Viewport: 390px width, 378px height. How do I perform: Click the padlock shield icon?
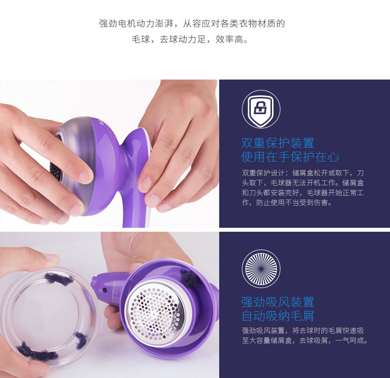coord(261,109)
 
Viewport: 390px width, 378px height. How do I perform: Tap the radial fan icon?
coord(261,269)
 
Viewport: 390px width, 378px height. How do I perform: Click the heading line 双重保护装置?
coord(278,143)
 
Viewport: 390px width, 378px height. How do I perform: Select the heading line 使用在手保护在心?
coord(290,157)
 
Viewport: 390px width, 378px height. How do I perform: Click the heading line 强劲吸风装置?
coord(278,302)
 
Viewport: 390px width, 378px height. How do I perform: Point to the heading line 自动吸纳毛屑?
coord(278,316)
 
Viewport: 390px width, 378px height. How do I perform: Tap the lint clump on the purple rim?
coord(191,278)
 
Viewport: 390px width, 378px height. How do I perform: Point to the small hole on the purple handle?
coord(105,290)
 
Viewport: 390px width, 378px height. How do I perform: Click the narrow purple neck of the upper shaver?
coord(124,154)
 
